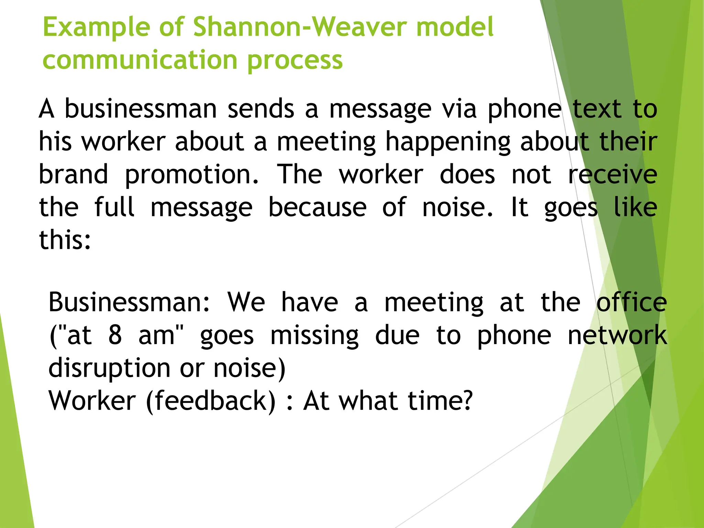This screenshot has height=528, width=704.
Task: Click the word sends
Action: [x=261, y=109]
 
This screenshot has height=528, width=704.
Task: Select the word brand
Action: [x=73, y=174]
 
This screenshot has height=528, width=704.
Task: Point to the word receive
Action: [x=612, y=174]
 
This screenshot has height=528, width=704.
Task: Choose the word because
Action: [x=317, y=207]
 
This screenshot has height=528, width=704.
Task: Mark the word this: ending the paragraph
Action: [x=65, y=240]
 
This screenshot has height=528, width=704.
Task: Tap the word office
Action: [x=631, y=302]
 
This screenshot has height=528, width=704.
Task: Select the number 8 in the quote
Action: [x=115, y=335]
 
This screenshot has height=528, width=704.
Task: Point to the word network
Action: [x=617, y=335]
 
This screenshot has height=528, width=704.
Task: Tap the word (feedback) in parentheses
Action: [x=211, y=401]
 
